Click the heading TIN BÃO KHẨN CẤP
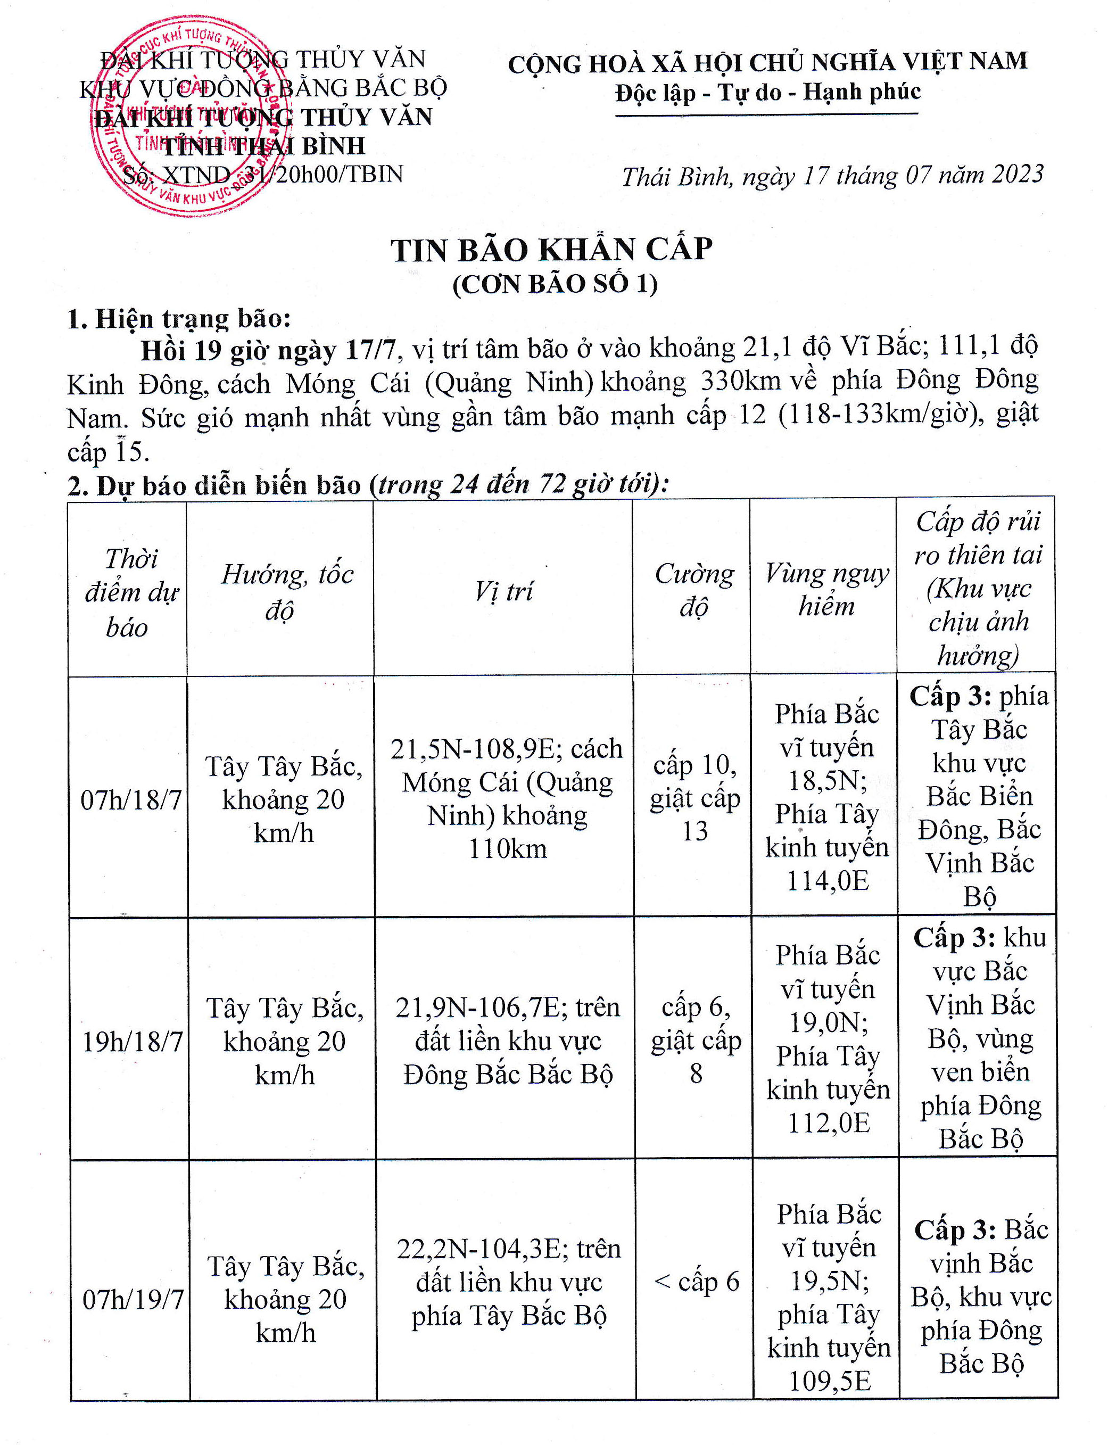551,251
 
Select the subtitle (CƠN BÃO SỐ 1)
555,284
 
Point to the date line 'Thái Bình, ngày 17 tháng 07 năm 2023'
832,176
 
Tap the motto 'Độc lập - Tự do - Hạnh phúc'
768,92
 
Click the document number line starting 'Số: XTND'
262,174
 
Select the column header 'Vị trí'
503,591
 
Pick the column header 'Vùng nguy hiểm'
826,590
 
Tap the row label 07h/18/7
130,800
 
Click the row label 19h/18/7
132,1042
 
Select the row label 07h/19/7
133,1299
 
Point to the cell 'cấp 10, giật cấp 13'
694,798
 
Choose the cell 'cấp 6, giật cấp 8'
696,1040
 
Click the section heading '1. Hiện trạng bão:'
179,319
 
